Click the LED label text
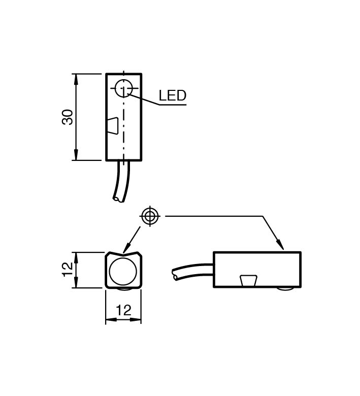(x=172, y=95)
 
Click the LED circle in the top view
(x=123, y=89)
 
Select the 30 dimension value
(x=68, y=117)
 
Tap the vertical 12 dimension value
(x=68, y=269)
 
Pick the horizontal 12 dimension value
(x=123, y=310)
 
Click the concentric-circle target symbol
(x=149, y=216)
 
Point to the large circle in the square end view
(x=123, y=271)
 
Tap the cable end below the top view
(x=119, y=198)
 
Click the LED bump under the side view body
(x=285, y=289)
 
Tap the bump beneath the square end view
(x=123, y=290)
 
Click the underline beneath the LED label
(x=173, y=105)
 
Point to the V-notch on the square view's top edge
(x=123, y=254)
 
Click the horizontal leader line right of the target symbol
(x=213, y=216)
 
